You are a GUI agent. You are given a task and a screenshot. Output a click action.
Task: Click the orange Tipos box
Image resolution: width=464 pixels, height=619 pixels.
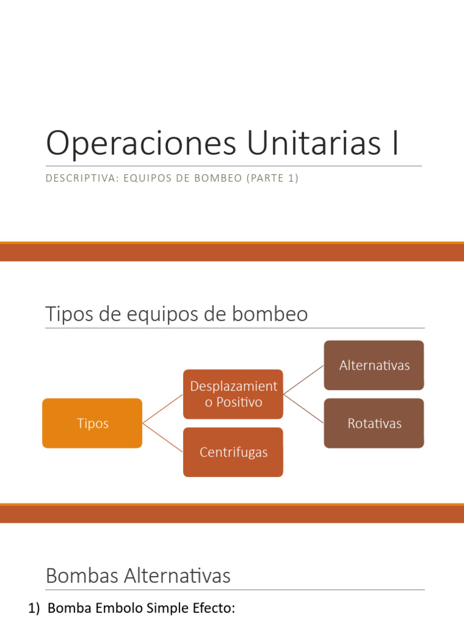click(x=92, y=423)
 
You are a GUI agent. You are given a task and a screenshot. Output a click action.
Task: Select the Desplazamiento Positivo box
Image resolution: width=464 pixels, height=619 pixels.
click(x=233, y=394)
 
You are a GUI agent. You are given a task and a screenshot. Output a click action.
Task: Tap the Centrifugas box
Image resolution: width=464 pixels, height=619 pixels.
click(x=233, y=452)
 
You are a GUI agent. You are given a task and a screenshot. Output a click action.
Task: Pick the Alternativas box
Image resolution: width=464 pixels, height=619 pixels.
click(x=374, y=365)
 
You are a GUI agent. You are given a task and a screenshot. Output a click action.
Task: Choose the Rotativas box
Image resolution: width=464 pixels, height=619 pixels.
click(x=374, y=423)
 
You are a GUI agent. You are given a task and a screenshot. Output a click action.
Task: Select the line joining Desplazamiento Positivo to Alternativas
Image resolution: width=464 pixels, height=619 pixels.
click(x=303, y=380)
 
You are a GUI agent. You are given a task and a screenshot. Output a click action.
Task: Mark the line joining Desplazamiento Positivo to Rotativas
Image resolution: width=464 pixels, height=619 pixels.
click(x=303, y=409)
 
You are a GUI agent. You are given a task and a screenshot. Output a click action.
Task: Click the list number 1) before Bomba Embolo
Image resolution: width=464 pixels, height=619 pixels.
click(x=35, y=608)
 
